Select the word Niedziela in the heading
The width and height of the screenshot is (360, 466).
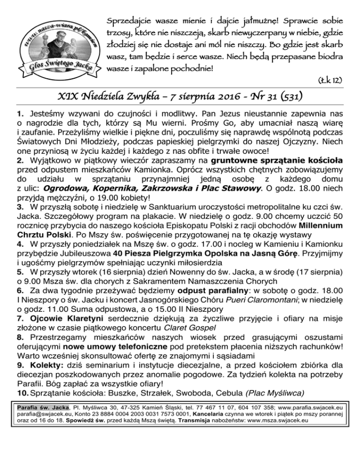pos(103,99)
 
